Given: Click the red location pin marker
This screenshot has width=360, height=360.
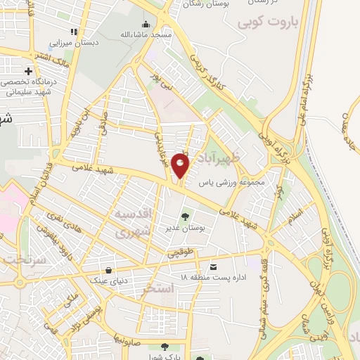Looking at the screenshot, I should coord(181,167).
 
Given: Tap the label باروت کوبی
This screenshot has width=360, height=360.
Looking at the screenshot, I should coord(268,22).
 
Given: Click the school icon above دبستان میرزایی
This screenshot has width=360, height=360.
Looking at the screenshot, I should coord(73,31).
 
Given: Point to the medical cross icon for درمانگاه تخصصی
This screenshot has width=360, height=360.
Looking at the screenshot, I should coord(28,71).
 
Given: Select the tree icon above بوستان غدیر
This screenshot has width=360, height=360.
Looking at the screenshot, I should coord(185,217).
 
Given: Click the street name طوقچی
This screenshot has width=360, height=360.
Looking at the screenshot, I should coord(178,251).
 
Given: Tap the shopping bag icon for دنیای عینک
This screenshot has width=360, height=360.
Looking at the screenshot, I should coord(108,270).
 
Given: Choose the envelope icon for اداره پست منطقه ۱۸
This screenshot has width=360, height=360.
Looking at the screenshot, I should coord(213,266).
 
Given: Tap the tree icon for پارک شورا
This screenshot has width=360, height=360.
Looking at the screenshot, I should coord(165,347).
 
